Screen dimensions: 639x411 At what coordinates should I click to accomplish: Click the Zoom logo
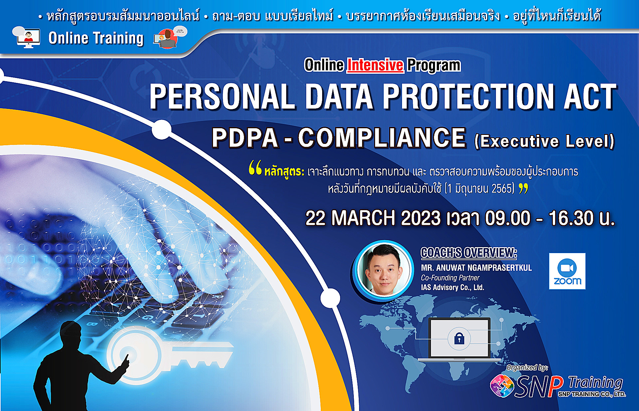point(567,271)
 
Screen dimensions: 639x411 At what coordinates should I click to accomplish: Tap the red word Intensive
point(375,65)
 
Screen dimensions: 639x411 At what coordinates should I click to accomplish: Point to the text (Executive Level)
point(544,141)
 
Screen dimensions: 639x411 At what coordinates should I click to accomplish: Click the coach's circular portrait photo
point(384,269)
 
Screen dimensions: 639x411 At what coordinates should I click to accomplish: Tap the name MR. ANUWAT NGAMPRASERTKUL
point(476,268)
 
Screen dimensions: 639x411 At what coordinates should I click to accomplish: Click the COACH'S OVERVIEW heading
point(469,253)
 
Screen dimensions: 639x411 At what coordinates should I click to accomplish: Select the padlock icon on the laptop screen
point(459,338)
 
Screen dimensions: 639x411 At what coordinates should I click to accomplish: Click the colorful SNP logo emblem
point(502,386)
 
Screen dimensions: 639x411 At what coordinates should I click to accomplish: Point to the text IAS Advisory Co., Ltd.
point(452,287)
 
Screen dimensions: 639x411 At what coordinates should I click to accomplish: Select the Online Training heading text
point(96,38)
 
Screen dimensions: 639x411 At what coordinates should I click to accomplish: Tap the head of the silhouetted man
point(71,334)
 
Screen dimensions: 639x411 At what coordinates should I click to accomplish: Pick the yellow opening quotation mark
point(255,167)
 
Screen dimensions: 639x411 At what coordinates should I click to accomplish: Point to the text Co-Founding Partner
point(450,278)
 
